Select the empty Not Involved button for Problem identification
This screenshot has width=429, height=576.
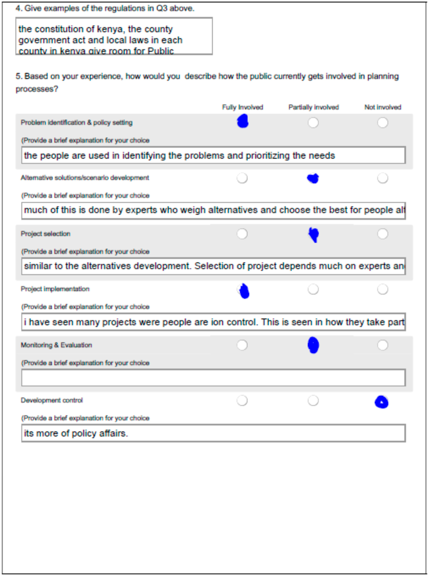click(383, 123)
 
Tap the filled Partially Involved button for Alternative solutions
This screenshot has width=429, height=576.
click(313, 178)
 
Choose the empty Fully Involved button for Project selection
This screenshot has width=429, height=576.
click(242, 234)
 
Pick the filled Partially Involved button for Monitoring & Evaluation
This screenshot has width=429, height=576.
click(313, 345)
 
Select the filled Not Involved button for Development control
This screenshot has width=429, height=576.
click(381, 402)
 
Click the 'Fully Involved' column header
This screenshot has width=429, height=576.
click(243, 107)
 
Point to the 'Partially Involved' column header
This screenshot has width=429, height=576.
click(313, 107)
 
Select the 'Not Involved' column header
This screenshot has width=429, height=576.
click(383, 107)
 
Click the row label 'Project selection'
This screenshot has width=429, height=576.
click(45, 234)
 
